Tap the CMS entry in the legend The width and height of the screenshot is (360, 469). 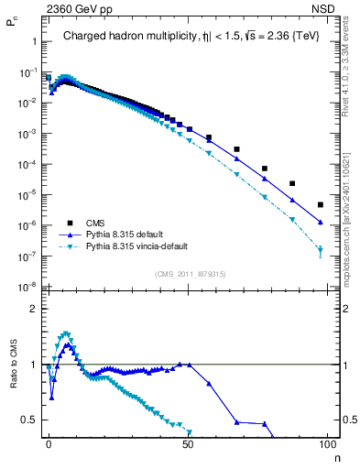pos(96,223)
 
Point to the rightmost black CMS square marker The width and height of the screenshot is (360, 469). pos(320,204)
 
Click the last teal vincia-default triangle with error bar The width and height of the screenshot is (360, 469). pos(320,249)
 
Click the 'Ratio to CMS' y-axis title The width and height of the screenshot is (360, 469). pos(13,380)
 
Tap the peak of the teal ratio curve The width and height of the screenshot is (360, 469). pos(65,333)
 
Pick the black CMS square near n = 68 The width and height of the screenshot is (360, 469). pos(236,148)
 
